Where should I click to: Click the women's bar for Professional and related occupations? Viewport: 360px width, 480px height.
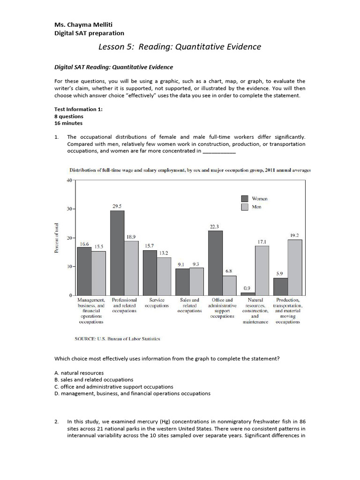click(x=117, y=253)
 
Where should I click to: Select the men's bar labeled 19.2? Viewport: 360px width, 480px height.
click(x=295, y=267)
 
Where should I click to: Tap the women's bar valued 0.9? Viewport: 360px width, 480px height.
click(x=248, y=294)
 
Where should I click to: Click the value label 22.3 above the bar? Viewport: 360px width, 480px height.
click(x=215, y=226)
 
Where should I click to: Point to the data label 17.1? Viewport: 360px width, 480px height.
click(x=262, y=241)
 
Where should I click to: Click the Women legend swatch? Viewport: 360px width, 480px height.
click(x=244, y=198)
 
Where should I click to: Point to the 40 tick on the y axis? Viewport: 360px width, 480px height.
click(x=69, y=180)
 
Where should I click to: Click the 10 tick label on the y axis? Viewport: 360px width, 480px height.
click(x=69, y=267)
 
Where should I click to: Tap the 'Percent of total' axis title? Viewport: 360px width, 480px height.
click(x=57, y=238)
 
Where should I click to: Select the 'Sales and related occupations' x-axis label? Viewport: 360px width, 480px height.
click(x=189, y=306)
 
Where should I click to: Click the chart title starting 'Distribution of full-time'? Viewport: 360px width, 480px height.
click(x=190, y=170)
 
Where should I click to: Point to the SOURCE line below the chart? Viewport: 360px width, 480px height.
click(x=117, y=337)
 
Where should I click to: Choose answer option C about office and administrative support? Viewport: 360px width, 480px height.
click(x=114, y=387)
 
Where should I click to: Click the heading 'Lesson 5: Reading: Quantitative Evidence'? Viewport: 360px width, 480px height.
click(x=180, y=47)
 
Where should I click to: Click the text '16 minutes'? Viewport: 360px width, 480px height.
click(x=68, y=123)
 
